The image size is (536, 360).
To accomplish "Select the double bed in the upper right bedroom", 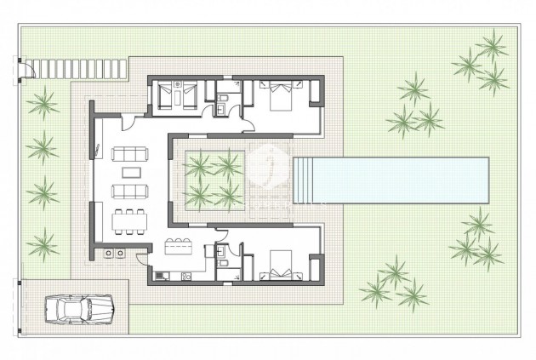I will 278,96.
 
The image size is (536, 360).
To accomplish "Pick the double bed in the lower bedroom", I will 278,265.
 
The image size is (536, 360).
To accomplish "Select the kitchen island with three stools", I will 180,249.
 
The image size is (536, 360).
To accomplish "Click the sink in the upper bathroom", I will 222,106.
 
